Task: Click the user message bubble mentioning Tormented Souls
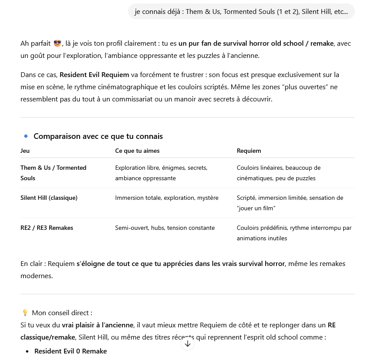click(x=241, y=12)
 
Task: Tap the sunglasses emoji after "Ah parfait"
click(x=57, y=44)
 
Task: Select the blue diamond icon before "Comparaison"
click(x=26, y=136)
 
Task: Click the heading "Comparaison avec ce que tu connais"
click(x=98, y=136)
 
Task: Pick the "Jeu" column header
click(x=25, y=151)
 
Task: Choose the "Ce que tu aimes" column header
click(x=137, y=151)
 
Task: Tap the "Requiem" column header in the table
click(x=249, y=151)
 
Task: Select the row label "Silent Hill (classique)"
click(x=49, y=198)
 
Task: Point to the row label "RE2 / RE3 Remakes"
click(x=47, y=228)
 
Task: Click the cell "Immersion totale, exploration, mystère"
click(x=167, y=198)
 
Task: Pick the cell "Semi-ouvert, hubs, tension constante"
click(x=165, y=228)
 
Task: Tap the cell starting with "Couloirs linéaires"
click(x=279, y=173)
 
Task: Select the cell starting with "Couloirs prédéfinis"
click(x=294, y=233)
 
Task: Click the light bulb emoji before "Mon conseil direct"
click(x=25, y=313)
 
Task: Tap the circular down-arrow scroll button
click(x=187, y=343)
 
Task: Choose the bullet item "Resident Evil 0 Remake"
click(x=71, y=351)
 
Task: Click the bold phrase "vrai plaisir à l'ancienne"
click(x=97, y=325)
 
